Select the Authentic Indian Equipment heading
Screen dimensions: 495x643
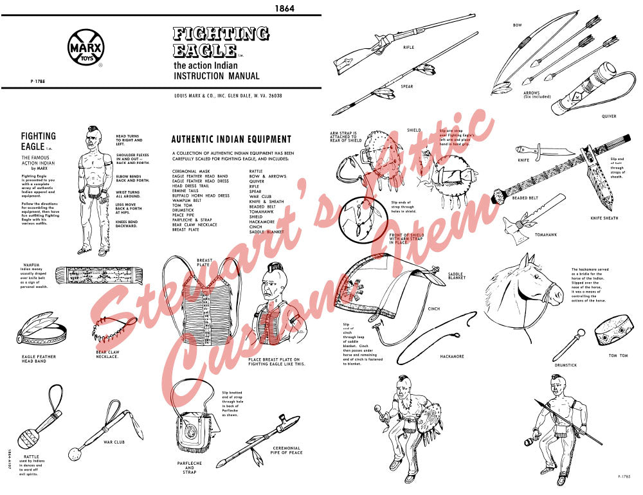(x=231, y=139)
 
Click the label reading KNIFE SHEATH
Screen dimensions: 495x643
(x=604, y=218)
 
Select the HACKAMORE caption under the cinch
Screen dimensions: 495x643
(x=453, y=355)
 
